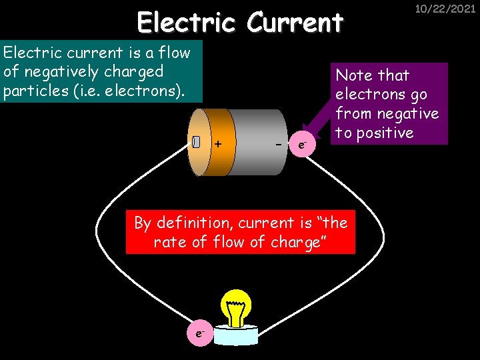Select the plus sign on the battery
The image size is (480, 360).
tap(217, 143)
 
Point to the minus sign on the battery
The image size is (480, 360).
tap(277, 143)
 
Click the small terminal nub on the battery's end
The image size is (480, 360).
tap(195, 142)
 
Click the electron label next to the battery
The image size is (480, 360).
tap(303, 143)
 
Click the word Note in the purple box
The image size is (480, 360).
tap(354, 75)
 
